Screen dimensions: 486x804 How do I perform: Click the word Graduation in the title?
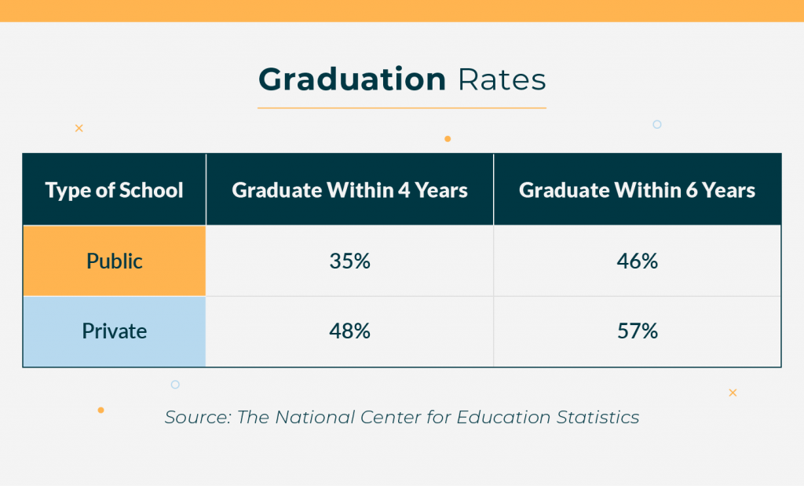tap(352, 80)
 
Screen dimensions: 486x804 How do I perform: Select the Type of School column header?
tap(115, 190)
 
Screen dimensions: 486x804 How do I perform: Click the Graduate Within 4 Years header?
tap(349, 190)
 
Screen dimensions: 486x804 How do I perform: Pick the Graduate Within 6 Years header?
tap(637, 190)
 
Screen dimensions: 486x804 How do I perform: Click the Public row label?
tap(115, 261)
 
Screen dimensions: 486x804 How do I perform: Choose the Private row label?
tap(115, 331)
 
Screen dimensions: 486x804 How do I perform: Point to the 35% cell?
tap(349, 261)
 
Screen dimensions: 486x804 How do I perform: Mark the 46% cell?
tap(637, 261)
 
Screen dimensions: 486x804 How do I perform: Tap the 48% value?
tap(349, 331)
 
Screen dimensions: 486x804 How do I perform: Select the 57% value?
tap(637, 331)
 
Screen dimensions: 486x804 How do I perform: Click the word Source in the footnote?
tap(196, 417)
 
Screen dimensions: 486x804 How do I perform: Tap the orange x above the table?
tap(79, 128)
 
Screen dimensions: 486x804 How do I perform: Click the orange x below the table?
tap(733, 393)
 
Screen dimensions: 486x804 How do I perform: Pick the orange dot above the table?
tap(448, 139)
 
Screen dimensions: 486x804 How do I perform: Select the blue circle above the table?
tap(657, 124)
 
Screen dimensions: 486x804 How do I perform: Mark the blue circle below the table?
tap(175, 385)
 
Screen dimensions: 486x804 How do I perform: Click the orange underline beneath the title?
tap(402, 108)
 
